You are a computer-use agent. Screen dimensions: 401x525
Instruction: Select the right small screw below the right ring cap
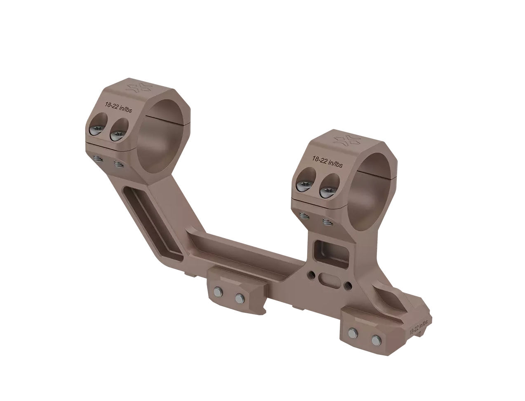(x=328, y=223)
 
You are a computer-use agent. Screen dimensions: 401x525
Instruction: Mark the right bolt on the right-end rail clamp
(x=375, y=339)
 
